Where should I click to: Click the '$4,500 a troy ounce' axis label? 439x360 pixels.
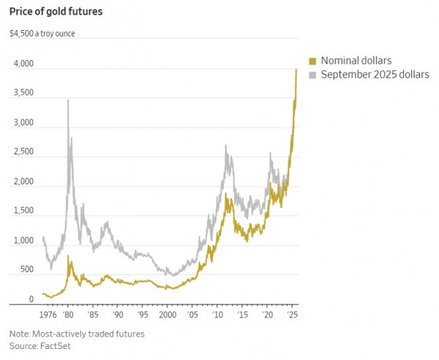click(42, 34)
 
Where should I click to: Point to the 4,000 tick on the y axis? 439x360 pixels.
click(22, 64)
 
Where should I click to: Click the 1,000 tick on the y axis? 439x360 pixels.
click(22, 241)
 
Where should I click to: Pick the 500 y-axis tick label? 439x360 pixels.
click(26, 270)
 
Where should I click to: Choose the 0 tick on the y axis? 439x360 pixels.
click(31, 299)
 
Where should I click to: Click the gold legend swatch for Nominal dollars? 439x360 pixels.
click(312, 60)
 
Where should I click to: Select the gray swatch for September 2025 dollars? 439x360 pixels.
click(312, 75)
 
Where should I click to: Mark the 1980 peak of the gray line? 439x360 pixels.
click(68, 100)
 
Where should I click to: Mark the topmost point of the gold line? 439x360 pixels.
click(296, 69)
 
